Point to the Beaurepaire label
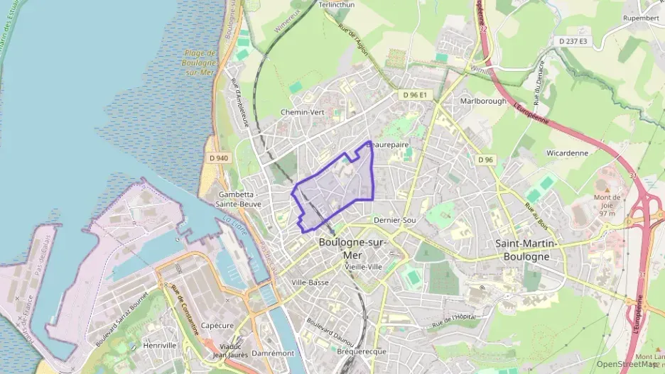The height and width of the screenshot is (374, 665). tap(388, 144)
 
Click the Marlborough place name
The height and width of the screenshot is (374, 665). tap(483, 101)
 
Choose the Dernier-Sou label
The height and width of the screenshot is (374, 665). tap(394, 221)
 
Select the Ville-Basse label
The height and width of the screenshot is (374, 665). tap(310, 282)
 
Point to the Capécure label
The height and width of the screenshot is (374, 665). tap(217, 326)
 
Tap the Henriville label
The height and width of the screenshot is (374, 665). tap(159, 345)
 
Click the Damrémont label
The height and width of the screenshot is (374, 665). tap(273, 353)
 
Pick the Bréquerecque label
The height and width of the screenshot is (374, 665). tap(362, 351)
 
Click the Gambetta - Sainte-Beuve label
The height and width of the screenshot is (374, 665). tap(239, 199)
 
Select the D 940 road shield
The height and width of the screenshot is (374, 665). tap(219, 158)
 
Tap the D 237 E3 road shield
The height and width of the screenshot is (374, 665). tap(574, 42)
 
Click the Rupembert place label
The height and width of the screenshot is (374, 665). tap(641, 18)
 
